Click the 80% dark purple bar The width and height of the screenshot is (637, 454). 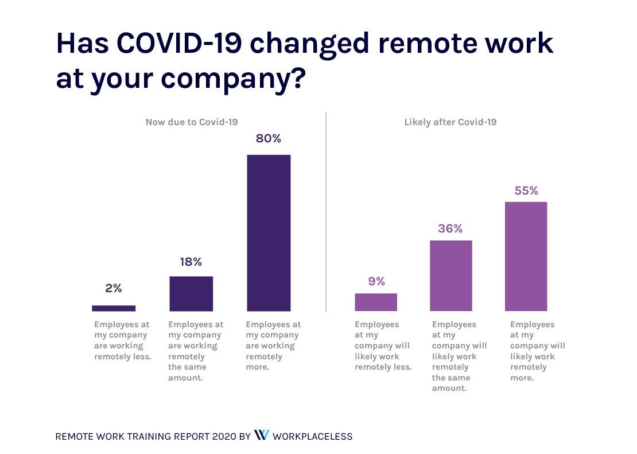click(269, 232)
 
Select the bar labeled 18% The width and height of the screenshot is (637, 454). click(191, 293)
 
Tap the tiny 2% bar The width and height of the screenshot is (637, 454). click(114, 308)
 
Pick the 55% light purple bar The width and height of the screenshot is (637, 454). click(526, 256)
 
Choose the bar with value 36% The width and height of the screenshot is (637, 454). click(450, 275)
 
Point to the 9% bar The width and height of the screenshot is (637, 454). click(376, 302)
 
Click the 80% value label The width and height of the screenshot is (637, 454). click(269, 139)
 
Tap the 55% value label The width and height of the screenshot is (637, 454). click(526, 191)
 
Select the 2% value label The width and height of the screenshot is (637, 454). click(114, 289)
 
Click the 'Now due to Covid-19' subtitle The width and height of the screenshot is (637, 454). click(192, 122)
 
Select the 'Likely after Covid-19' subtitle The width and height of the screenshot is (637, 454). click(450, 122)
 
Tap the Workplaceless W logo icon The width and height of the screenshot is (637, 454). click(261, 436)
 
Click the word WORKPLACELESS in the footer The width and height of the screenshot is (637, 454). click(312, 436)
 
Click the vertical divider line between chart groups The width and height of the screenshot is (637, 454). click(326, 212)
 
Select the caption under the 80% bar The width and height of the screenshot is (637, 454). click(273, 346)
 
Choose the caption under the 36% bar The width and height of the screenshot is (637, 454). click(459, 356)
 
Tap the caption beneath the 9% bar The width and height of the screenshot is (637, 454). click(383, 346)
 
